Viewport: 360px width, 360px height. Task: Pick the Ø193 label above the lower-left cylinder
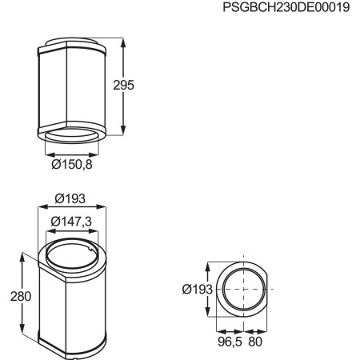click(72, 198)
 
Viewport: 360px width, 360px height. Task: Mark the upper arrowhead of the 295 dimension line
click(124, 39)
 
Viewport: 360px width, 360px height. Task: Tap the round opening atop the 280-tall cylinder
click(72, 260)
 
